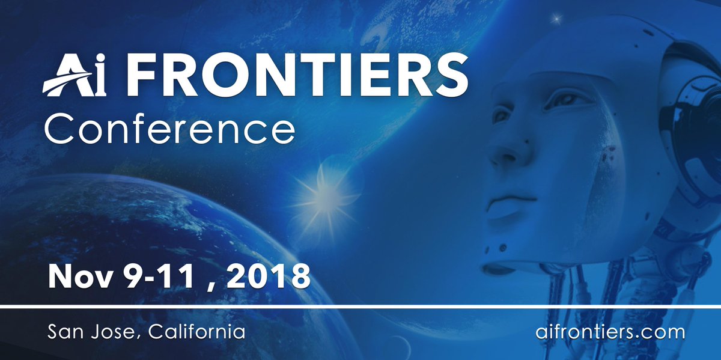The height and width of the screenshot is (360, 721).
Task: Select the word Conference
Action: point(171,127)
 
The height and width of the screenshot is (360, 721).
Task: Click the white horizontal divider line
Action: point(360,307)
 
